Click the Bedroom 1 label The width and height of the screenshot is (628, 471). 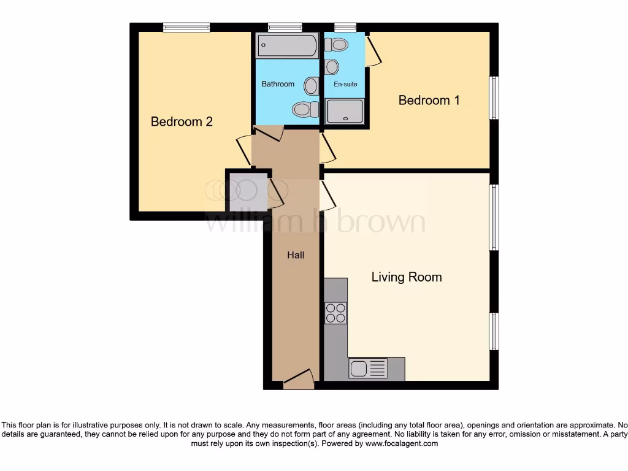point(429,100)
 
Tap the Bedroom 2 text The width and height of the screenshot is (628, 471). point(182,121)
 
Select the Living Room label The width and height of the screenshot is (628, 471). point(407,277)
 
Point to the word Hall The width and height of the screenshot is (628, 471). point(296,255)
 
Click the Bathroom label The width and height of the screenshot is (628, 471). point(278,84)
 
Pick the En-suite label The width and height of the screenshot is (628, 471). point(345,84)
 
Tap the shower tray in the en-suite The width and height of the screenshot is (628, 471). point(345,112)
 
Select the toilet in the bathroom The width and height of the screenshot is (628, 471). point(305,110)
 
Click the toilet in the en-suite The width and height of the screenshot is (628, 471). point(337,44)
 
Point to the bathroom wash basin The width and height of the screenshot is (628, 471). point(312,85)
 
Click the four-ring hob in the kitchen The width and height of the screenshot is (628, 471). point(335,313)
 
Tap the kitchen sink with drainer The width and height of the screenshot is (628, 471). point(369,369)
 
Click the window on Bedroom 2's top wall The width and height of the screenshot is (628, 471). point(186,26)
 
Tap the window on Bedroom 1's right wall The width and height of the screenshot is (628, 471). point(494,98)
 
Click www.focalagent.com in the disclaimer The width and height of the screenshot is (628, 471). point(402,443)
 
